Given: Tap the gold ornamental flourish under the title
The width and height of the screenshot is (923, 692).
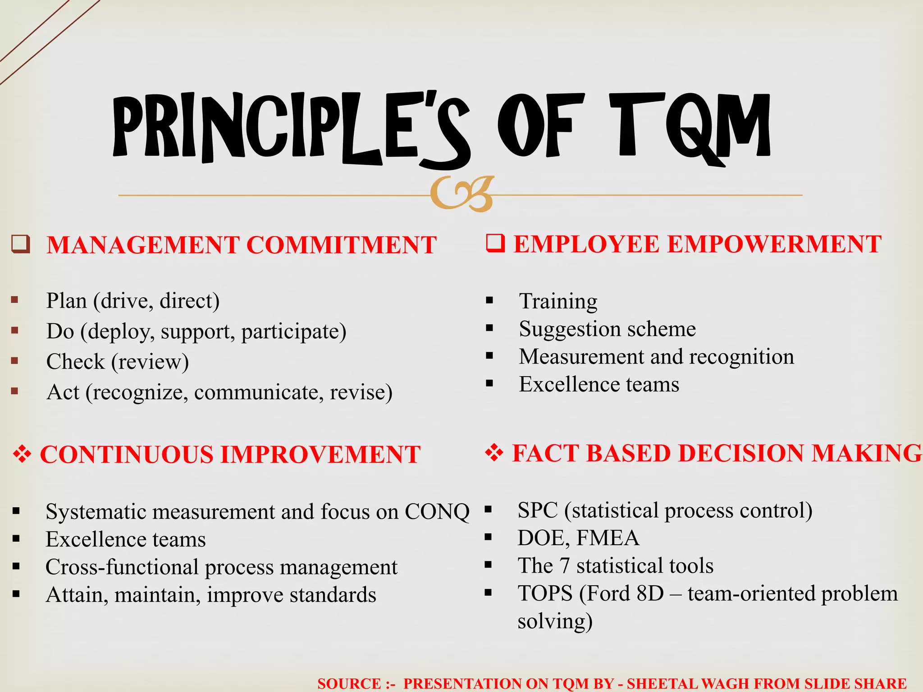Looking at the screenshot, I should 462,194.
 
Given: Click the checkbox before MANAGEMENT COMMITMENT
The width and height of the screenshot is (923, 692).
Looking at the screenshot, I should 21,244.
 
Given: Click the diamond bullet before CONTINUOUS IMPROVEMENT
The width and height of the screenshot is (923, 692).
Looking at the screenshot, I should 22,454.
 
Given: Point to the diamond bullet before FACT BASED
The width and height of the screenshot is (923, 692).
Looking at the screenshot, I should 494,453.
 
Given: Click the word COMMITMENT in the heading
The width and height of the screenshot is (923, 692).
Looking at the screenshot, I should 342,245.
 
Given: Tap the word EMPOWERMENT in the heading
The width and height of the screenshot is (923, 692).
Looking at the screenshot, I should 774,244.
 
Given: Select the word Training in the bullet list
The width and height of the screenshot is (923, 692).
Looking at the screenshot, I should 558,301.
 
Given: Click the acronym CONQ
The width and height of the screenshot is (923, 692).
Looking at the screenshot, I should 437,512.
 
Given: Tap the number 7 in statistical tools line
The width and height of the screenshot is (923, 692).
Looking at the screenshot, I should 564,566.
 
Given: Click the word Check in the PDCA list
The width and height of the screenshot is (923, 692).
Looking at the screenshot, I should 75,361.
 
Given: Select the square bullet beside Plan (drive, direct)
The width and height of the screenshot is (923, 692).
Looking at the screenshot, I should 15,300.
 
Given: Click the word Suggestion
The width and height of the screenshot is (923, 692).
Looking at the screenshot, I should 568,329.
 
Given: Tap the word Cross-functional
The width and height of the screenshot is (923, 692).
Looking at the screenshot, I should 122,567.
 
